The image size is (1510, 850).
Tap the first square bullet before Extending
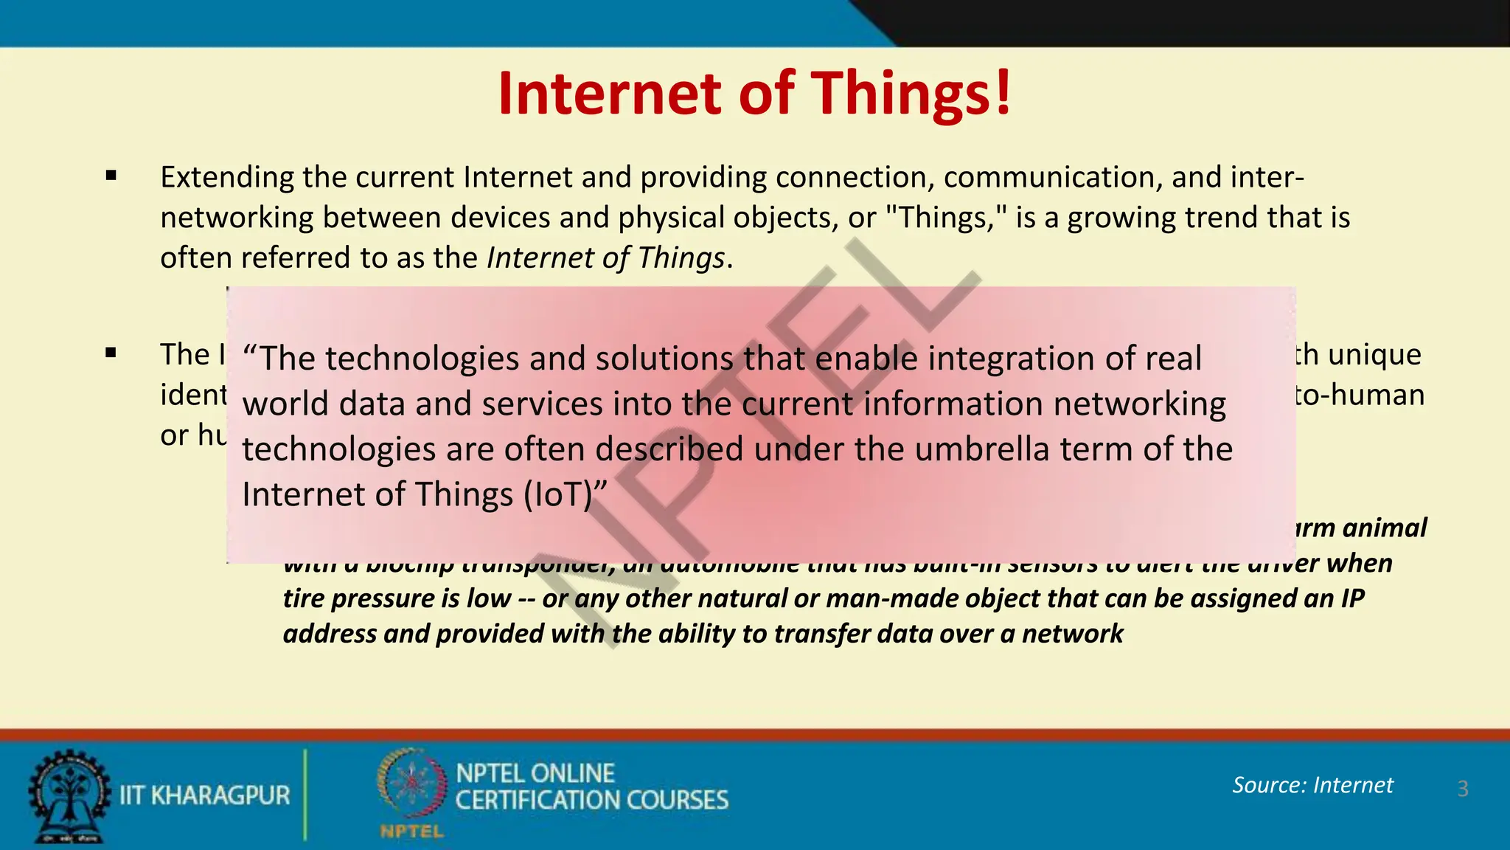coord(111,176)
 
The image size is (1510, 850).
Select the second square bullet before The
coord(111,353)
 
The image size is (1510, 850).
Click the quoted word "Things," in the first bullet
coord(945,218)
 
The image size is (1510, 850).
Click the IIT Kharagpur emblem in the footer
coord(69,795)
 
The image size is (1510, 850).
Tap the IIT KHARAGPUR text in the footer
coord(205,795)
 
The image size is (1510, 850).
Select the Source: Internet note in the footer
coord(1312,785)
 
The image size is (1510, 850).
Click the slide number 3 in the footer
coord(1463,789)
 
